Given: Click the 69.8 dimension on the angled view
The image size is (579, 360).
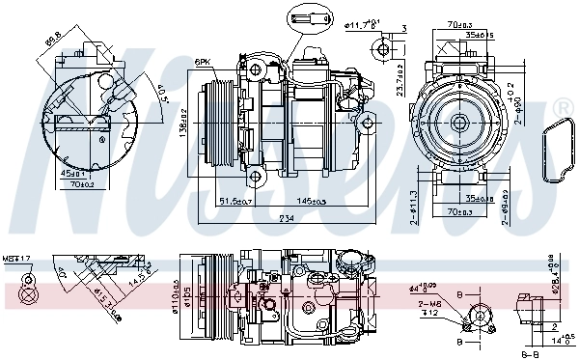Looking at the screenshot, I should (53, 42).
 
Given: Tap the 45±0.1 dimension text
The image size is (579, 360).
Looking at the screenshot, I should (73, 174).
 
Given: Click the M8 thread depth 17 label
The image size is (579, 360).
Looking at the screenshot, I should (16, 259).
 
